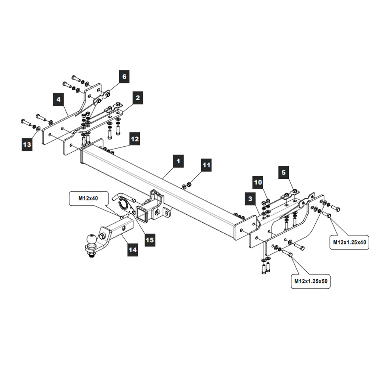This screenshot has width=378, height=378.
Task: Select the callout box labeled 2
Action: [138, 98]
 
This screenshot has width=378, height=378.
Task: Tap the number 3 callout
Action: [250, 198]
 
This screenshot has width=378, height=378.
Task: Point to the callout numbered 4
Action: [58, 100]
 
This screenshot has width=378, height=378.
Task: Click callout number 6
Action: [124, 77]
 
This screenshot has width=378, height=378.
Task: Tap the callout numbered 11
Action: [206, 165]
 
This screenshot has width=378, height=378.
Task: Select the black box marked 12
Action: [135, 139]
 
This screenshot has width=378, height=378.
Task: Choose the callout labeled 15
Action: [150, 240]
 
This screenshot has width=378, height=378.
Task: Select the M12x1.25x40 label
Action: [349, 242]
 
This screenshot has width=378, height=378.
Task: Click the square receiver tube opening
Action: [143, 214]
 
